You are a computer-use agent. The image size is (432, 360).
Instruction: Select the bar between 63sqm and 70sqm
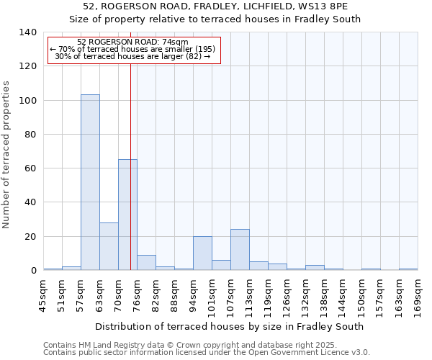click(x=109, y=246)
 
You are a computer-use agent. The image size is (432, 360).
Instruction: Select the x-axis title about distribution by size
click(x=229, y=326)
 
